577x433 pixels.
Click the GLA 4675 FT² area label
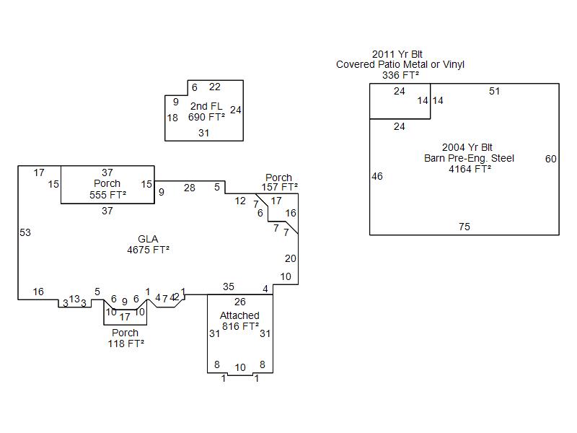pos(149,245)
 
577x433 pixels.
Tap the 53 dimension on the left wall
pos(25,232)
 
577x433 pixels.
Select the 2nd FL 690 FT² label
pos(206,112)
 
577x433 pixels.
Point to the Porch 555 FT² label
pos(107,189)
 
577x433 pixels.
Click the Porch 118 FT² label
pos(125,338)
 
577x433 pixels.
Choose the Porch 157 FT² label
pos(279,182)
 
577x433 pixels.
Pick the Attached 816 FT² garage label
pos(239,320)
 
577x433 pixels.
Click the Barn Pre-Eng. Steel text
pos(469,158)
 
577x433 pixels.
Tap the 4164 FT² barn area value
pos(470,169)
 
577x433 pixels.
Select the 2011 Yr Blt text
pos(397,54)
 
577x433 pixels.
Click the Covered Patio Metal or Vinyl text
pos(400,64)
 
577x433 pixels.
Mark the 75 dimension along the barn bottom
pos(464,227)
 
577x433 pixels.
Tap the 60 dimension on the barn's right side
pos(551,159)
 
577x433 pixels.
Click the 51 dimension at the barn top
pos(494,91)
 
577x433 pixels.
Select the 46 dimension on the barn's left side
pos(377,176)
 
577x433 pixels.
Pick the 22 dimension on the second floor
pos(215,87)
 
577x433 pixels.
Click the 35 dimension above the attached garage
pos(229,287)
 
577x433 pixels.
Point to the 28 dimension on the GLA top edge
pos(189,188)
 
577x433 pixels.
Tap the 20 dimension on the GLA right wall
pos(290,258)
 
